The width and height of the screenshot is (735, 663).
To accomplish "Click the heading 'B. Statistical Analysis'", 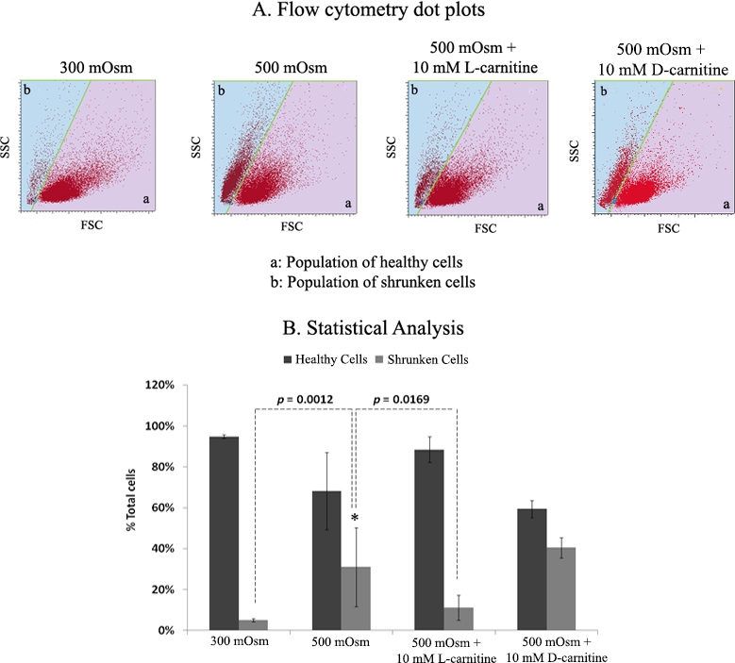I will pyautogui.click(x=366, y=329).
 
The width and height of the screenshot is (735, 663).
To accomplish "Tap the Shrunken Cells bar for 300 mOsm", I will pyautogui.click(x=254, y=624).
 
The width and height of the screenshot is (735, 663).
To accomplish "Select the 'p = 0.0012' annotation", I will pyautogui.click(x=303, y=400).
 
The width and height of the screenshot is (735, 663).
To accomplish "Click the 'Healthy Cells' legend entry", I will pyautogui.click(x=318, y=359).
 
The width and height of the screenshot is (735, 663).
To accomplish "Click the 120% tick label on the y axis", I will pyautogui.click(x=165, y=386).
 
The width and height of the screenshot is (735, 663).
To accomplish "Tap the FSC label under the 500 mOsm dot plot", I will pyautogui.click(x=286, y=227).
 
